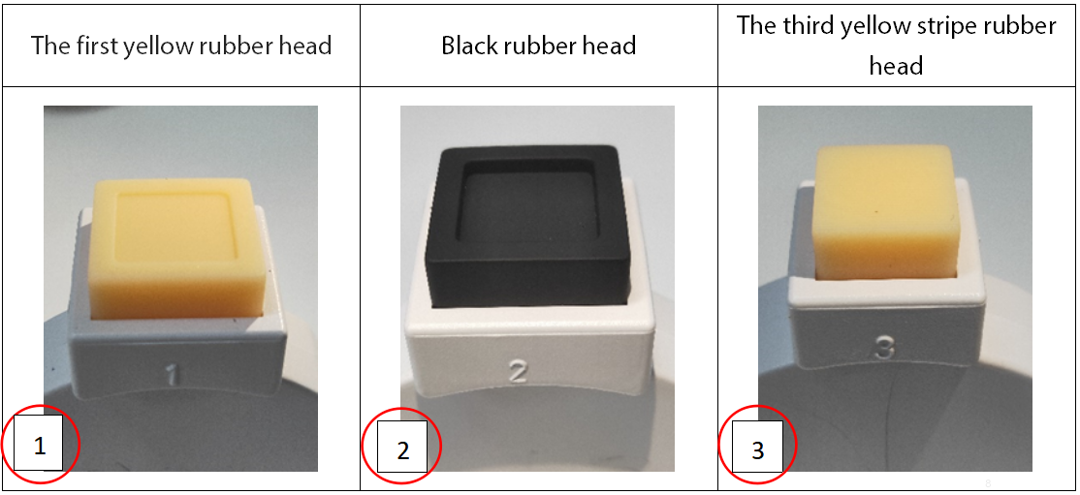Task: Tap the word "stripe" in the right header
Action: [913, 26]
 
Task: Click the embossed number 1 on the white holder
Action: [173, 375]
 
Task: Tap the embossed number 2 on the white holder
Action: [517, 371]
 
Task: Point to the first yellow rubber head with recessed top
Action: [177, 249]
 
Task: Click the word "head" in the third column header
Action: [896, 66]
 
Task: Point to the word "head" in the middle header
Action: [611, 46]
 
